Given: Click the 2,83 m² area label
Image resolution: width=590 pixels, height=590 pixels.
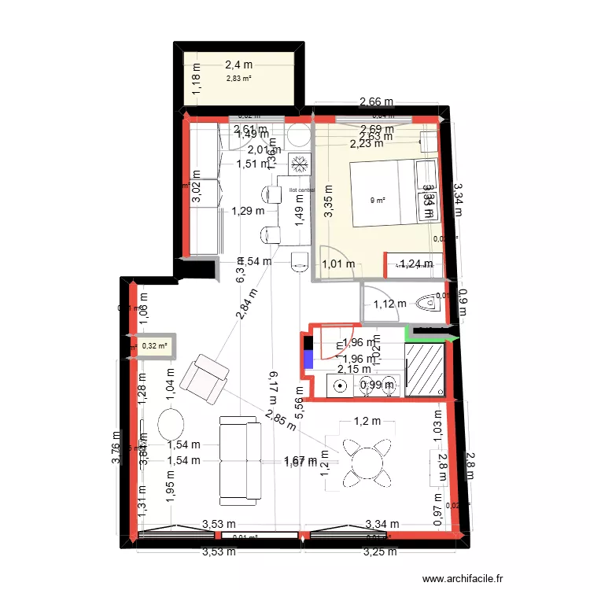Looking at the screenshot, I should point(239,78).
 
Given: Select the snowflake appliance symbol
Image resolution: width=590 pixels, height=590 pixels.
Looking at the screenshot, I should point(299,164).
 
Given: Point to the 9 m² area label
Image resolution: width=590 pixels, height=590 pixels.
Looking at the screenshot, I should point(378,200).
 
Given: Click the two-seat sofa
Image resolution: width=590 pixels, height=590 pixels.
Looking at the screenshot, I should point(239,461).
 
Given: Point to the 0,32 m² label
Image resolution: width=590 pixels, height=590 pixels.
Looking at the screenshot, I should point(154,345).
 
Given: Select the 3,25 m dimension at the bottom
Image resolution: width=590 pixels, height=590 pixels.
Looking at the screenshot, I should point(381,551).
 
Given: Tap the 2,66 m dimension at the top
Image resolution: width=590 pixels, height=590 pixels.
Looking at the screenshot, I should point(376,101).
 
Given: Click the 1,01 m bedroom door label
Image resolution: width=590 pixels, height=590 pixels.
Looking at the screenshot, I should point(340,264).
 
